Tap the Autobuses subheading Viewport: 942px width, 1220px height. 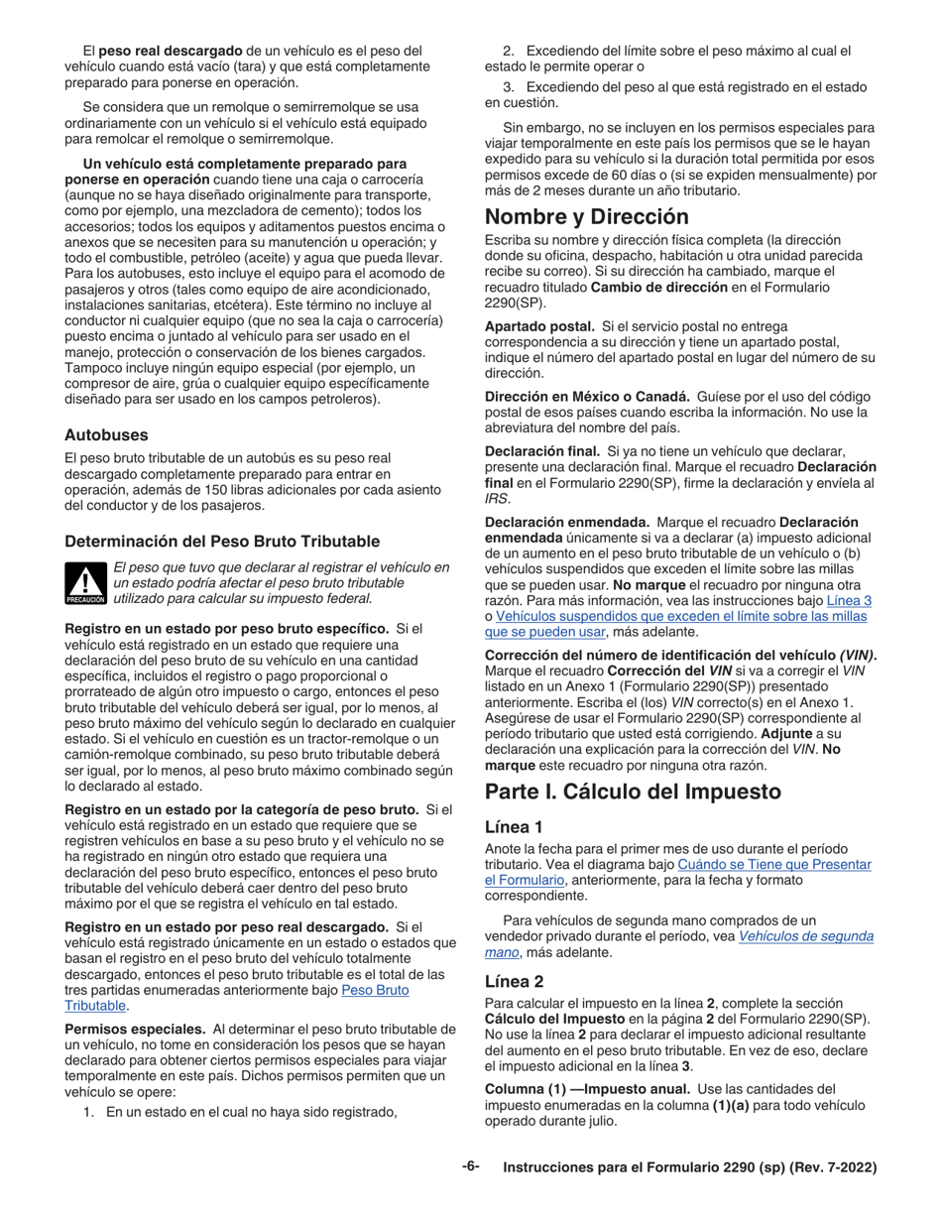tap(106, 434)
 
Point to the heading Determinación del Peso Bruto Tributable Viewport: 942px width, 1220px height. tap(221, 541)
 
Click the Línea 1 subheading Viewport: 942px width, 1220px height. tap(514, 826)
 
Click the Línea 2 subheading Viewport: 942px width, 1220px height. tap(514, 981)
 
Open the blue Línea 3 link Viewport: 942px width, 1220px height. tap(849, 600)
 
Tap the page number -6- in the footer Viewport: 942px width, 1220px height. tap(470, 1166)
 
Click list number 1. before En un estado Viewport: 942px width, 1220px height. tap(88, 1112)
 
